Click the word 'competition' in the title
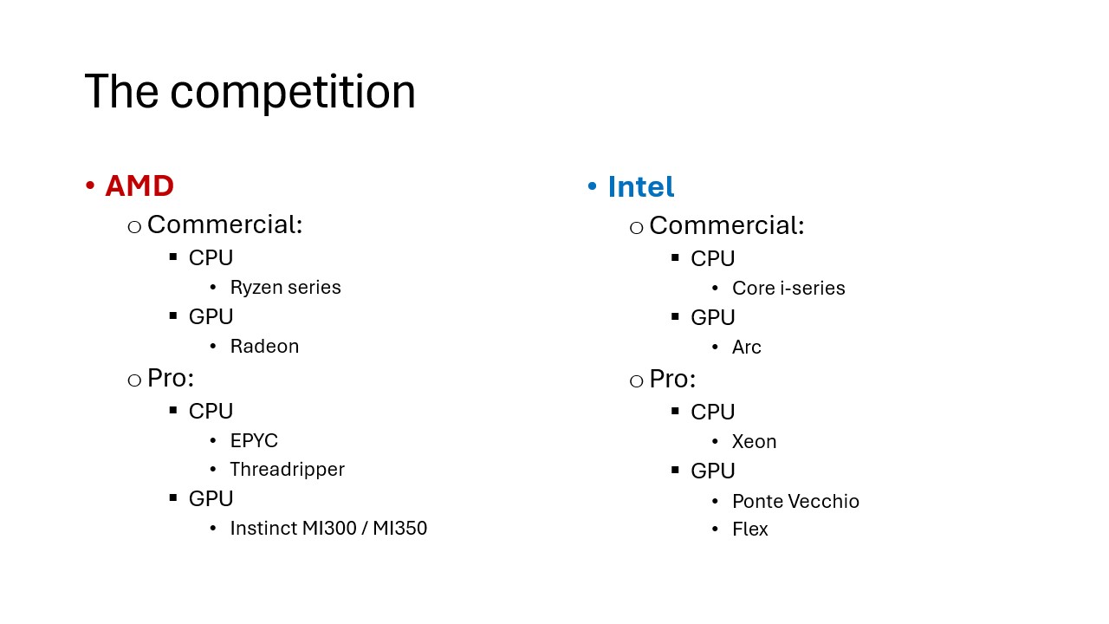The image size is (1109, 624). (293, 93)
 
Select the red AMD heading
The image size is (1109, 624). (139, 185)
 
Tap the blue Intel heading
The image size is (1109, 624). (641, 186)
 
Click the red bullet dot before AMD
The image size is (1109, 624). (90, 185)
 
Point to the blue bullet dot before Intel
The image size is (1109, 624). (592, 186)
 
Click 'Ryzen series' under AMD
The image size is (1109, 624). (286, 287)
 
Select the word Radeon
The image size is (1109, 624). (265, 346)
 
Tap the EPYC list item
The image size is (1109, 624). (255, 440)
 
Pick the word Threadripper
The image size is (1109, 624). (288, 470)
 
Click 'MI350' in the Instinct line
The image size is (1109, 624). (400, 528)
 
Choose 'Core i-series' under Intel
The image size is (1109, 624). (788, 289)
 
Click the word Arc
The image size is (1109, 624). (747, 348)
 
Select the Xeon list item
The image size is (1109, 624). (755, 441)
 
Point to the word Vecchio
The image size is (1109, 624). (824, 501)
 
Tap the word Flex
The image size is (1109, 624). (750, 529)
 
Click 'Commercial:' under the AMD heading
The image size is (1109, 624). (224, 224)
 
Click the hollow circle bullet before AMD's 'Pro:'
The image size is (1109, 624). (134, 380)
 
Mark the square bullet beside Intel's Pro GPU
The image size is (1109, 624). (675, 470)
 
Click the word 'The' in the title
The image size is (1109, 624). (122, 91)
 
